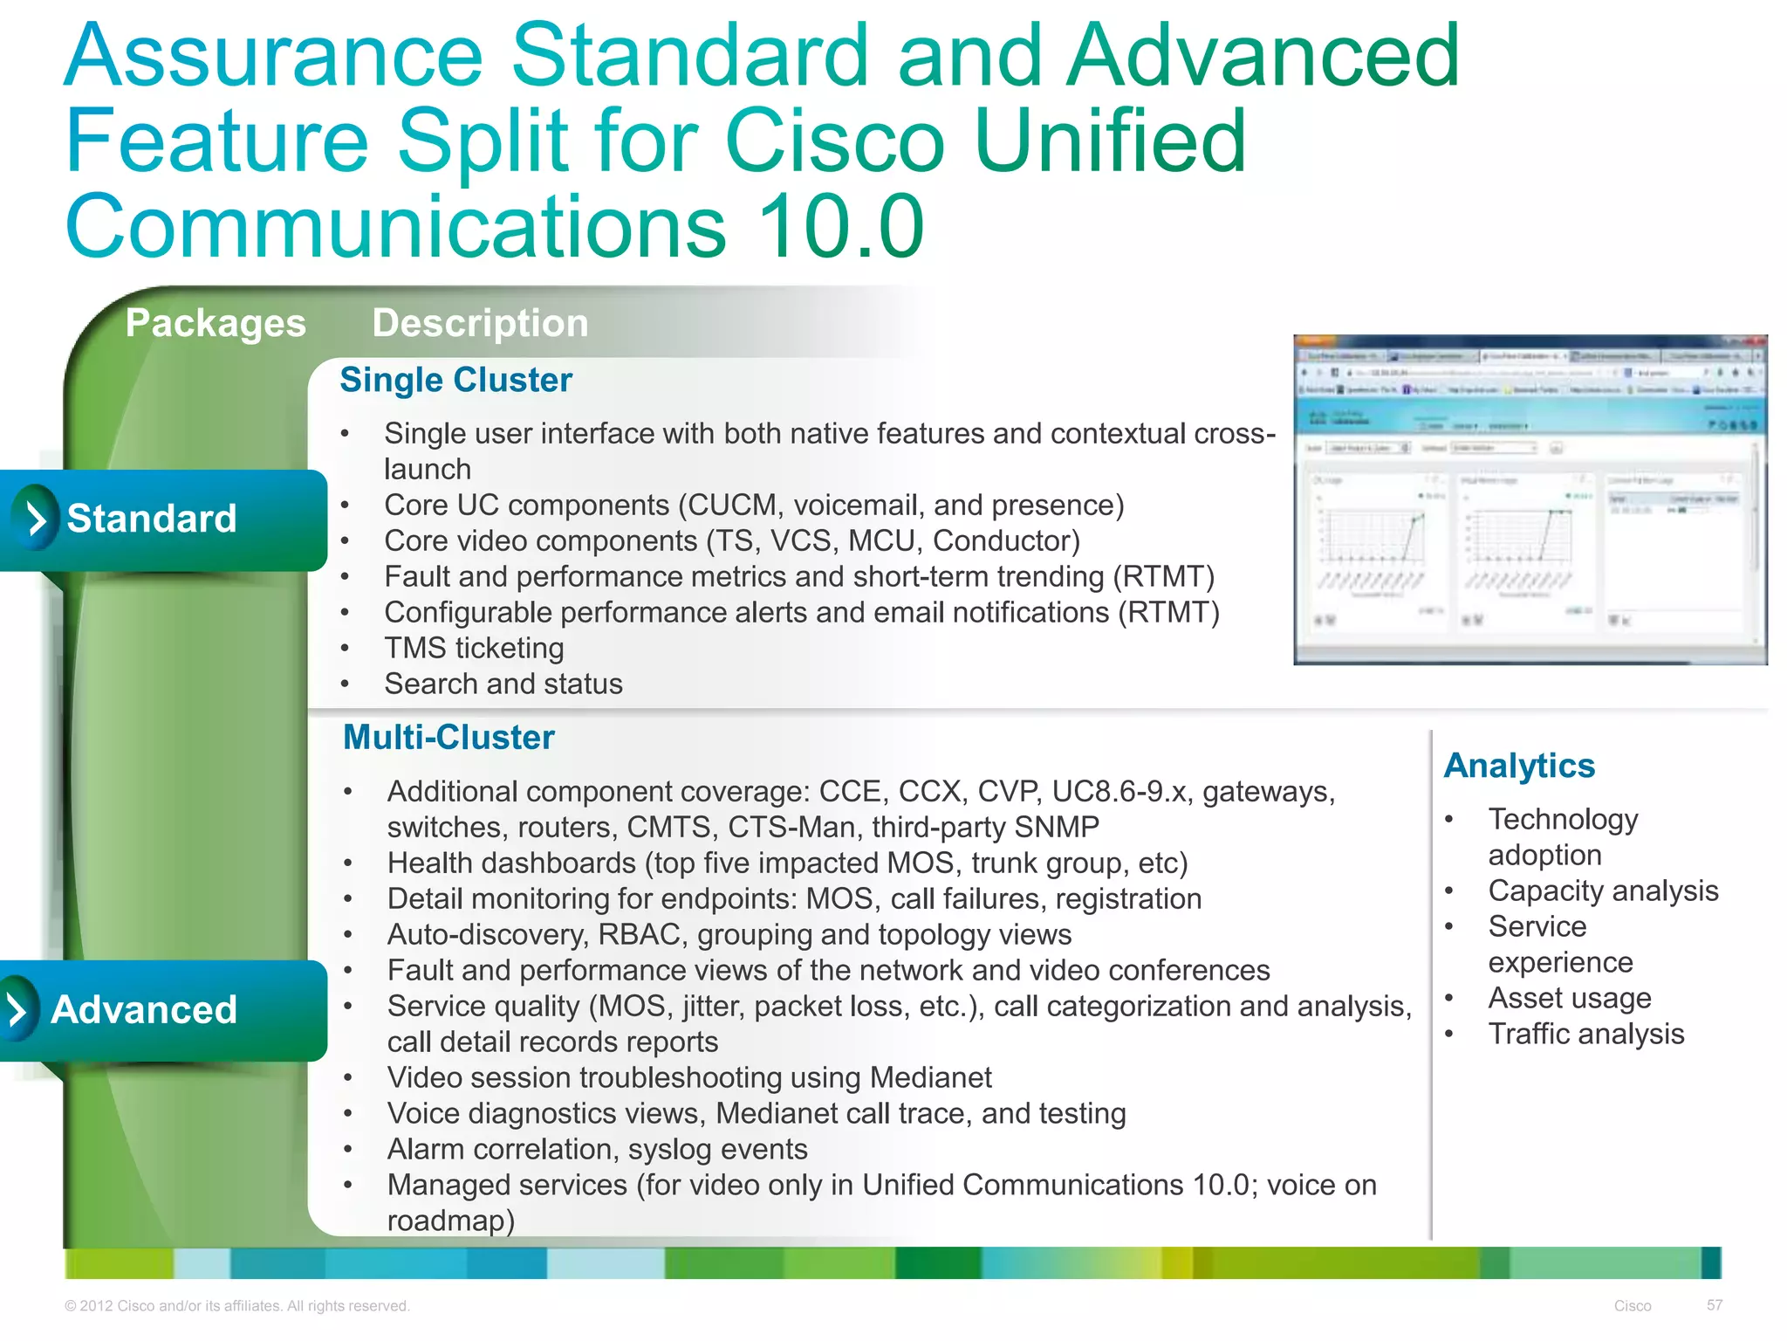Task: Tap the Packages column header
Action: pyautogui.click(x=216, y=323)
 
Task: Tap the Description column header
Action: pyautogui.click(x=480, y=323)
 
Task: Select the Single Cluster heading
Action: pyautogui.click(x=455, y=381)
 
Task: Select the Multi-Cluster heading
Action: pyautogui.click(x=448, y=738)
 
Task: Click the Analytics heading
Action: pyautogui.click(x=1519, y=766)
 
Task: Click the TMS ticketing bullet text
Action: pyautogui.click(x=474, y=649)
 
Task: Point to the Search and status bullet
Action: pyautogui.click(x=503, y=684)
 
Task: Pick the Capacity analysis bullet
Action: pyautogui.click(x=1603, y=891)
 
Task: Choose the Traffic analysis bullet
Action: pyautogui.click(x=1585, y=1035)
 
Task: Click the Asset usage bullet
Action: pyautogui.click(x=1569, y=999)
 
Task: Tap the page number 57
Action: pyautogui.click(x=1715, y=1305)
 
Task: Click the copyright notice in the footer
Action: pyautogui.click(x=236, y=1306)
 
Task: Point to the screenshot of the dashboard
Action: pyautogui.click(x=1530, y=500)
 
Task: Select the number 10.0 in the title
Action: pyautogui.click(x=839, y=227)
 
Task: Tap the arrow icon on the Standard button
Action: pyautogui.click(x=36, y=519)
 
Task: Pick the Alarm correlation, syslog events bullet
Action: pyautogui.click(x=597, y=1150)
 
